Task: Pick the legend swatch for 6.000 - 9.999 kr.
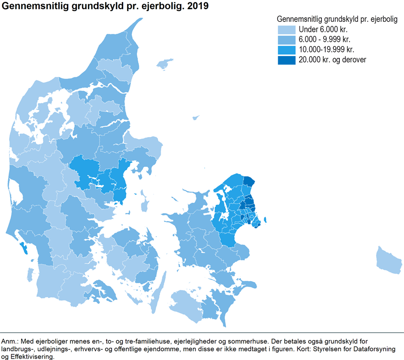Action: [285, 39]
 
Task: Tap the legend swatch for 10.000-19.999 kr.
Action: [285, 49]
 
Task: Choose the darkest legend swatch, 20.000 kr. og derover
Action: [285, 60]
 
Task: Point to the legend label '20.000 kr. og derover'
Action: [332, 60]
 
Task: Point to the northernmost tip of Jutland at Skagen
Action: [140, 21]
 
